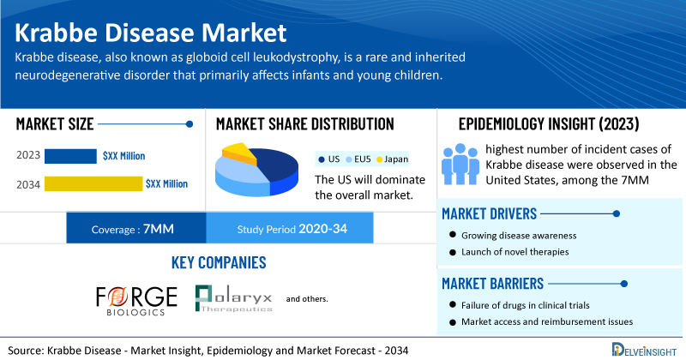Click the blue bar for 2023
tap(70, 156)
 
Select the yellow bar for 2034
tap(93, 183)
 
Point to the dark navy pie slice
tap(278, 165)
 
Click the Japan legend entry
tap(393, 159)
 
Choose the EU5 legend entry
tap(358, 159)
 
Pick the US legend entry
tap(329, 159)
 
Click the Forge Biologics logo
tap(136, 301)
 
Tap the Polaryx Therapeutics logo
tap(233, 298)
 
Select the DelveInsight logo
tap(644, 350)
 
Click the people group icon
tap(460, 164)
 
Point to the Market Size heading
tap(55, 124)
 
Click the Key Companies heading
tap(219, 262)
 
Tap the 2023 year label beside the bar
tap(28, 155)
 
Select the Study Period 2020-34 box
tap(290, 228)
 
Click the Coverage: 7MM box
tap(136, 228)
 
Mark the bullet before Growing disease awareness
tap(453, 235)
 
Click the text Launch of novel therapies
tap(515, 252)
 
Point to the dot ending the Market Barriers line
tap(624, 284)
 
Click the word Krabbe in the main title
tap(57, 33)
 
